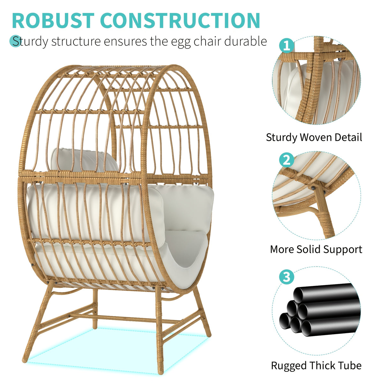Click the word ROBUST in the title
tap(53, 21)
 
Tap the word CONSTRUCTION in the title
tap(180, 21)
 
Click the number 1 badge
tap(286, 46)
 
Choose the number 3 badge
tap(286, 276)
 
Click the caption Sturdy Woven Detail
tap(314, 138)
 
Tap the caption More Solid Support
tap(316, 249)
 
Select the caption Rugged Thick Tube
tap(316, 365)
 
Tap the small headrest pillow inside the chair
tap(84, 160)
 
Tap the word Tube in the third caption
tap(350, 365)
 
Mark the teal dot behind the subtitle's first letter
tap(15, 41)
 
